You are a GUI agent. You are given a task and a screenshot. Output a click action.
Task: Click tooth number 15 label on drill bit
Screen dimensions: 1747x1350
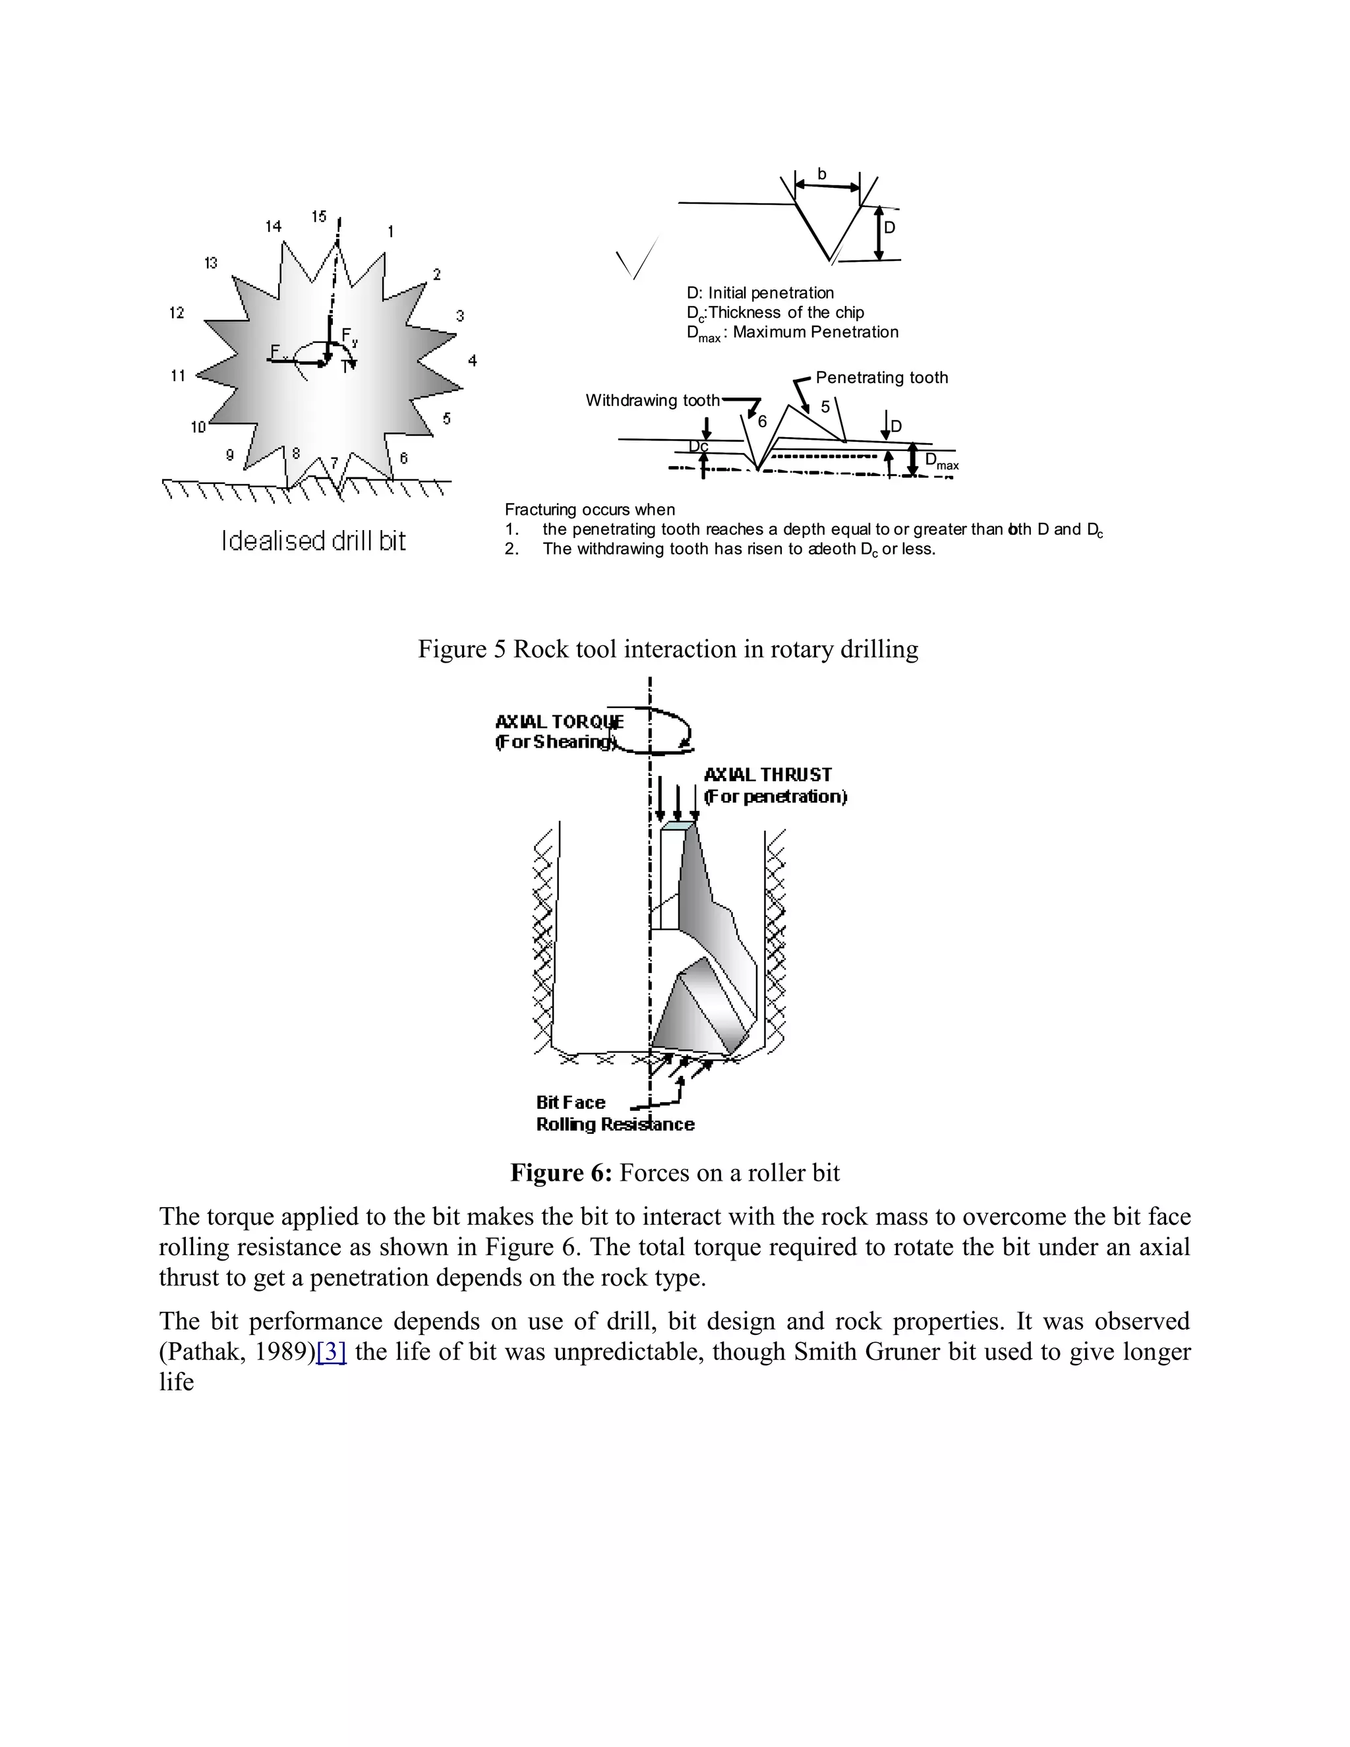(319, 217)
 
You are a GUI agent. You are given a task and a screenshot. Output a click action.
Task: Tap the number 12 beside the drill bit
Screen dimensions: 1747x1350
(177, 312)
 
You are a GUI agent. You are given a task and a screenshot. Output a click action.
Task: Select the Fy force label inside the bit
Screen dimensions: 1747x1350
(349, 337)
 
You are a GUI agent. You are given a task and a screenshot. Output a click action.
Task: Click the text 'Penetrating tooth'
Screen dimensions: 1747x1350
(881, 378)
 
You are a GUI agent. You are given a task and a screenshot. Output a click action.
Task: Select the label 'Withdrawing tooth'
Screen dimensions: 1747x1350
(652, 401)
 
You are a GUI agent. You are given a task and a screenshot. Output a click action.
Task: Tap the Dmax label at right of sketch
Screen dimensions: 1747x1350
(941, 461)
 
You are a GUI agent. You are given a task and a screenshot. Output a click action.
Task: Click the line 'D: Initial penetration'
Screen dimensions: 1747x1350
(760, 293)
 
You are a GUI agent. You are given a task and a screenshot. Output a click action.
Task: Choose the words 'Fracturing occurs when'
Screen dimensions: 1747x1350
(589, 510)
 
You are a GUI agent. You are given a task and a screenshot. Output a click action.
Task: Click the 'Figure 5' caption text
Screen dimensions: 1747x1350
(667, 649)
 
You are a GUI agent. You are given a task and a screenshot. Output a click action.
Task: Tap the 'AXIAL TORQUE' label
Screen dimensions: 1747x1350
(559, 721)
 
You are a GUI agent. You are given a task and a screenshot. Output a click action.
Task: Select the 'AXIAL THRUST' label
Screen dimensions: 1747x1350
(767, 775)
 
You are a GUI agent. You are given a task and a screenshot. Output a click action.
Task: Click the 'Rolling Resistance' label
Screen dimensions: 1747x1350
(614, 1125)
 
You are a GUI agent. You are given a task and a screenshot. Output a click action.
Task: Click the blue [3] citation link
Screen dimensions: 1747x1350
(331, 1352)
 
